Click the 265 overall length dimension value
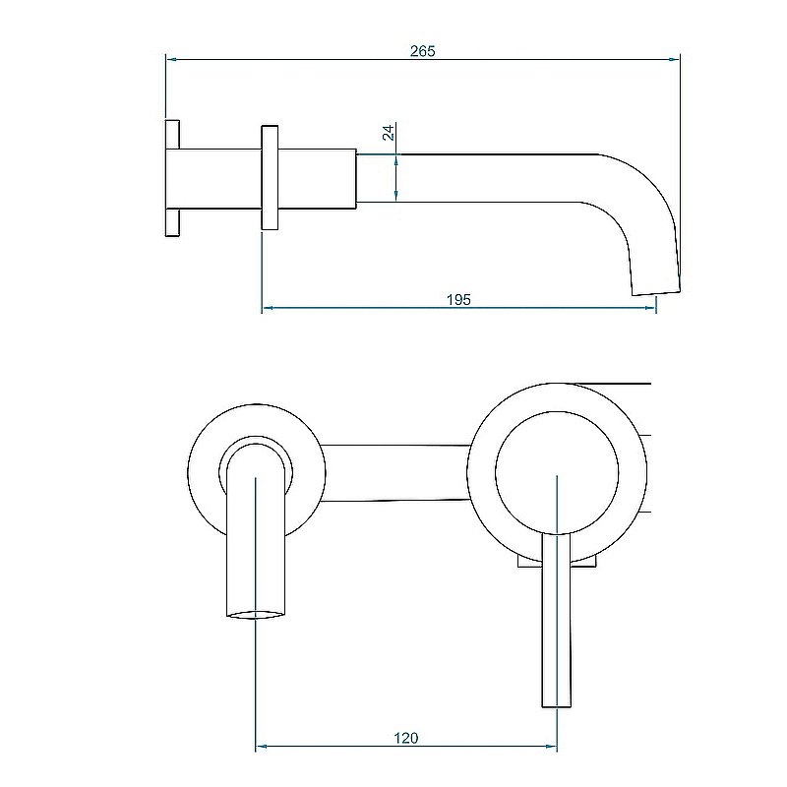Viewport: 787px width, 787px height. coord(422,50)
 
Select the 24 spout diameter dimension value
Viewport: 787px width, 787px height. coord(389,132)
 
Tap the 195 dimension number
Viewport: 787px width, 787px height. coord(458,299)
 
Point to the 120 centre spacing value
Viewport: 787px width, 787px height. coord(406,738)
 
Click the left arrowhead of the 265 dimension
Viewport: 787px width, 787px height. coord(170,60)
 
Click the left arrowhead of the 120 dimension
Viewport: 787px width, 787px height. coord(262,748)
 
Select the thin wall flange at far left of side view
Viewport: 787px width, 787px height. coord(172,178)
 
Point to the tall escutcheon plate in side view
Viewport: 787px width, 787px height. coord(270,178)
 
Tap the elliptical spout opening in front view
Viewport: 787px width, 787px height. coord(256,616)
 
